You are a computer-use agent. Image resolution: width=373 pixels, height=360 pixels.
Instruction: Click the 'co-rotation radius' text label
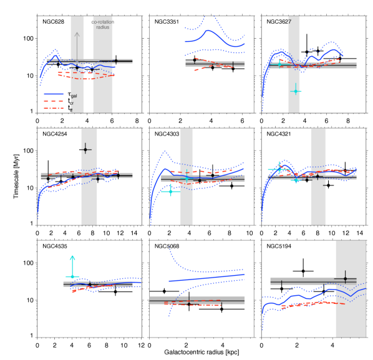click(x=103, y=24)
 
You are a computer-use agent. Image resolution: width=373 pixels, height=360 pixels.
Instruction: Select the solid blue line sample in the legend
click(x=54, y=94)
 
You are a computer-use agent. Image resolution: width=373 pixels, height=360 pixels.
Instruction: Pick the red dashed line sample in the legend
click(x=54, y=102)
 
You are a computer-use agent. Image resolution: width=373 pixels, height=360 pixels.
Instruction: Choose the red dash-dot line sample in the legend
click(x=54, y=109)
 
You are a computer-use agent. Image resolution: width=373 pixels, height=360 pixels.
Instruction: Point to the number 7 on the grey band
click(x=289, y=22)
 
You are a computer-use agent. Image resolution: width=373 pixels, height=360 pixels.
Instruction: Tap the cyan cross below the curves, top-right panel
click(x=295, y=91)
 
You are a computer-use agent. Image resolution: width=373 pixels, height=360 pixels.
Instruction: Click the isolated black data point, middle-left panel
click(x=85, y=149)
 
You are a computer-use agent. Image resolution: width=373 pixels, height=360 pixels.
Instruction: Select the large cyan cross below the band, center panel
click(x=170, y=191)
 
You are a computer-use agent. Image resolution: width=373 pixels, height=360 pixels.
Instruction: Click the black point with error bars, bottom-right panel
click(x=345, y=279)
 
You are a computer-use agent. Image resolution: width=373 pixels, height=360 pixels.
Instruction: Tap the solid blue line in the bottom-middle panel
click(x=206, y=278)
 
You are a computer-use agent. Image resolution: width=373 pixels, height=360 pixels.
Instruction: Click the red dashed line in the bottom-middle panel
click(x=193, y=304)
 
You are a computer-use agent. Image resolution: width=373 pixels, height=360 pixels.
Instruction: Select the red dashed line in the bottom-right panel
click(x=312, y=304)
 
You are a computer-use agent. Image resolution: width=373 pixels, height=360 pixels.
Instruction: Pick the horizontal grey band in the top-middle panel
click(x=215, y=64)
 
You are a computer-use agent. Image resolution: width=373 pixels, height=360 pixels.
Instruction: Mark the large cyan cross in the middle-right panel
click(x=279, y=169)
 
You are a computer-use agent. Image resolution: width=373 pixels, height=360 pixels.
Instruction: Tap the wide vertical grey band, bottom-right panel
click(x=351, y=318)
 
